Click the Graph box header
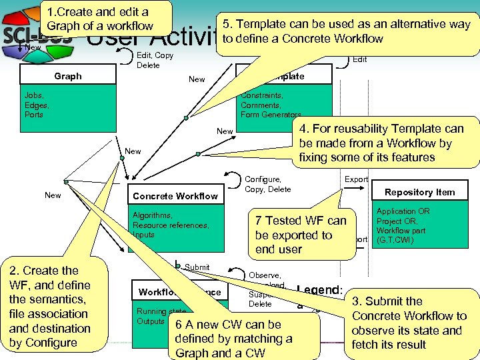point(68,76)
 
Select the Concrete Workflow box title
point(175,196)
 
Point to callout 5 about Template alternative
point(347,31)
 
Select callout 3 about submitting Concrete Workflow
point(409,323)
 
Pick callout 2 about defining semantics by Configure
point(50,307)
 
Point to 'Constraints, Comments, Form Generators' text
point(270,105)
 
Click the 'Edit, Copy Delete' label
point(155,60)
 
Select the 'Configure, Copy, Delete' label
point(268,184)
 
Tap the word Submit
point(197,267)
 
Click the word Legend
point(320,290)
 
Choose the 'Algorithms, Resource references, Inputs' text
point(171,225)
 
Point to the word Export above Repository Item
point(356,179)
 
